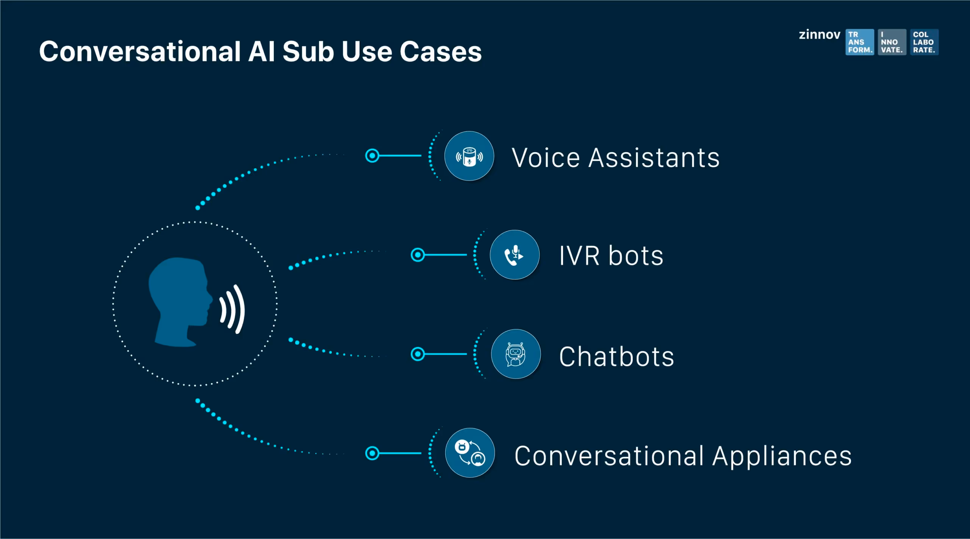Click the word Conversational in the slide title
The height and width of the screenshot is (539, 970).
point(140,52)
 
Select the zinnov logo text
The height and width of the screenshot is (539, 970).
point(819,35)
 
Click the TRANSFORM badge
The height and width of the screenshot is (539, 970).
point(859,42)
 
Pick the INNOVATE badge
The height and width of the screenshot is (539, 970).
point(892,42)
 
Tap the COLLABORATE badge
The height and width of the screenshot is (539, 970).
point(924,42)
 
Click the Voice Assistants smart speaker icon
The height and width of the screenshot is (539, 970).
point(469,156)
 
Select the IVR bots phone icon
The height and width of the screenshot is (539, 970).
point(514,255)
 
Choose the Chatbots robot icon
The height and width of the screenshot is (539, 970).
point(515,354)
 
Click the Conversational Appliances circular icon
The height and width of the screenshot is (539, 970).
point(469,453)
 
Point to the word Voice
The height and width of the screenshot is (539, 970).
point(546,158)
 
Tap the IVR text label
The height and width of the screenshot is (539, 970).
point(579,256)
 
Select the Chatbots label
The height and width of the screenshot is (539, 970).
point(616,357)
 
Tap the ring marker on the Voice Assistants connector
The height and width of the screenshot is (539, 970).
point(372,156)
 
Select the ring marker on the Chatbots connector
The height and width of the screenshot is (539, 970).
point(418,354)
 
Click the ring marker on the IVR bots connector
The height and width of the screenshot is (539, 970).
point(418,255)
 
